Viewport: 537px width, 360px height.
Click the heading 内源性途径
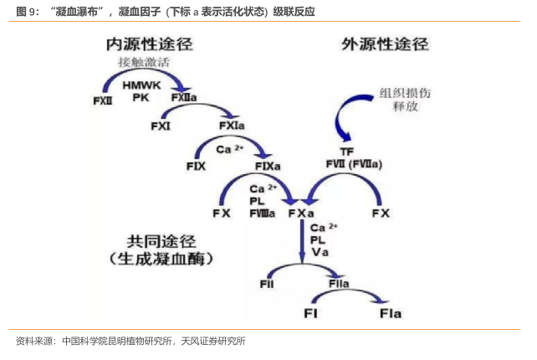point(150,44)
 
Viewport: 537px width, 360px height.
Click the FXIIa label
point(184,98)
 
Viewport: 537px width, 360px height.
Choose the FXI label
point(161,126)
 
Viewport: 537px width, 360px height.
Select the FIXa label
point(268,166)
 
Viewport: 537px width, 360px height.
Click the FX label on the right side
point(381,213)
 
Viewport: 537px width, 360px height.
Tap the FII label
point(267,285)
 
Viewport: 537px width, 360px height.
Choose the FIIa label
point(339,285)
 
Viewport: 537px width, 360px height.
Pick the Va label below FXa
point(318,251)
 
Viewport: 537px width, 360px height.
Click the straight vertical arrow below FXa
point(302,243)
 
